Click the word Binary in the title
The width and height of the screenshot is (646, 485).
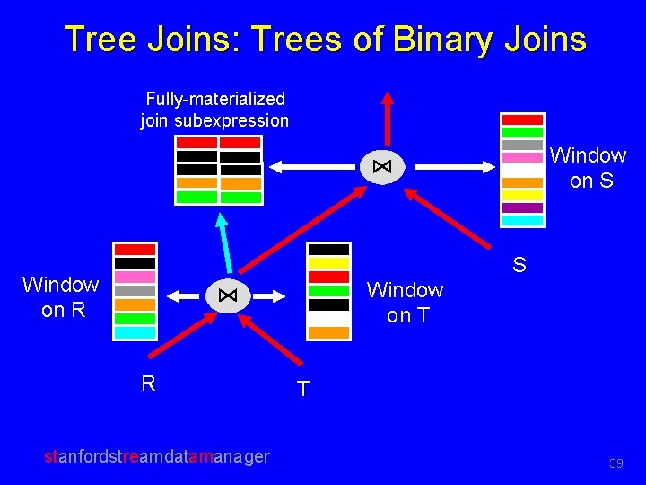coord(436,40)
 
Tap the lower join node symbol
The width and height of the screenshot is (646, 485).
coord(228,295)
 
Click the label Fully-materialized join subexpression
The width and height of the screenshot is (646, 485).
coord(214,110)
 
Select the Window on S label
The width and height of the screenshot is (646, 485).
coord(588,168)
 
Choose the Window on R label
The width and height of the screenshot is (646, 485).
coord(60,297)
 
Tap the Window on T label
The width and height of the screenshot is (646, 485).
coord(405,303)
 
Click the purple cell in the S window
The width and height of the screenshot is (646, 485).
coord(522,207)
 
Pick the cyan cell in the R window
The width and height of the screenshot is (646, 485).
coord(135,332)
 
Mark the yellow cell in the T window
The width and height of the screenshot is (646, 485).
coord(328,263)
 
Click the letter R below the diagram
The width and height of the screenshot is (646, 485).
coord(148,384)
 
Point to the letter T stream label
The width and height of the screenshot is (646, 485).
coord(303,389)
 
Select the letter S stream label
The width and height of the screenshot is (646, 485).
coord(519,265)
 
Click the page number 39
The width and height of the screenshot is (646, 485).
coord(615,463)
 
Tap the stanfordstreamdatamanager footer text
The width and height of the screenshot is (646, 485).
coord(157,456)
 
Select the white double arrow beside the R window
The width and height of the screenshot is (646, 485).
coord(182,295)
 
